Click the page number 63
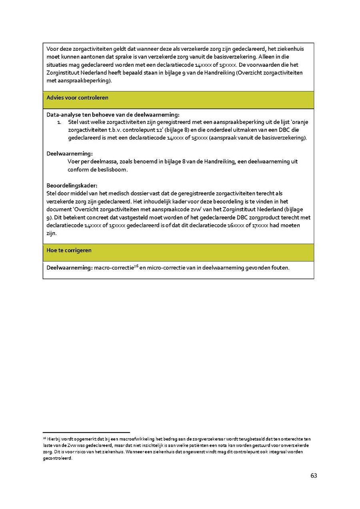click(x=314, y=475)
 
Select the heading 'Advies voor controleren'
click(x=77, y=98)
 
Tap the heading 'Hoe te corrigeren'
click(x=69, y=250)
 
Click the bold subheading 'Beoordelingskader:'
click(x=72, y=186)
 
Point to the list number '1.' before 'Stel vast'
click(x=59, y=122)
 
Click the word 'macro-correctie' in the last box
click(x=112, y=268)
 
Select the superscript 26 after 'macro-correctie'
click(x=136, y=266)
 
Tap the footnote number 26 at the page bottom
click(x=44, y=438)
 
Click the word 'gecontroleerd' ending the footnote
click(x=58, y=459)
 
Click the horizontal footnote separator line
click(x=86, y=432)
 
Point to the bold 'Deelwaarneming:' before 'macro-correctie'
click(x=69, y=268)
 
